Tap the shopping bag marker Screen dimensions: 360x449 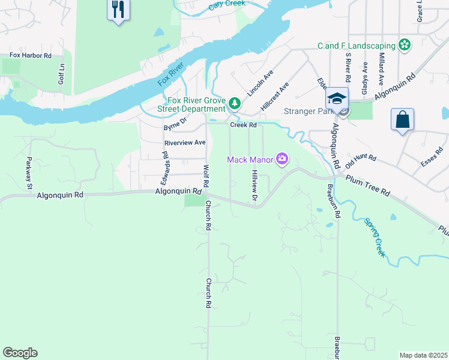(402, 119)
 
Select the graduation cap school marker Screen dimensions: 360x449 (337, 99)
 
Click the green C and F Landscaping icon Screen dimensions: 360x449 (405, 45)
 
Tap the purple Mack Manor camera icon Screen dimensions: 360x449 (282, 159)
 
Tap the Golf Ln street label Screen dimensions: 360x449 (61, 74)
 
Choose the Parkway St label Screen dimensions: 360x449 (28, 173)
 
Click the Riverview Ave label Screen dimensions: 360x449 (185, 143)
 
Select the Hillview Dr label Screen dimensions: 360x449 (255, 185)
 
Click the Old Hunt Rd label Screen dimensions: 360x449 (361, 157)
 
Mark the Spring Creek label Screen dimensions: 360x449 (373, 238)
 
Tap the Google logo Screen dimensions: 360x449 (20, 353)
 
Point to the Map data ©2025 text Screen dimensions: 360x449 (423, 355)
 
